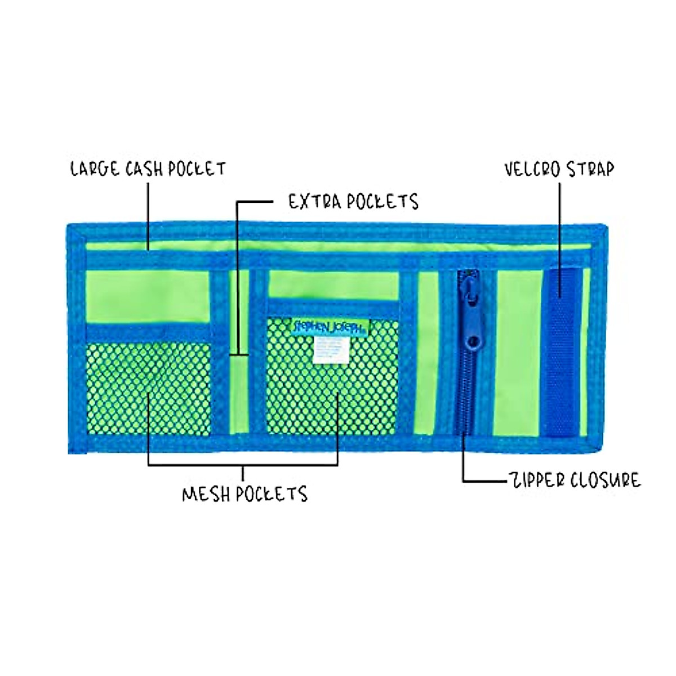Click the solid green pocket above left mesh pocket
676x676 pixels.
(148, 296)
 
